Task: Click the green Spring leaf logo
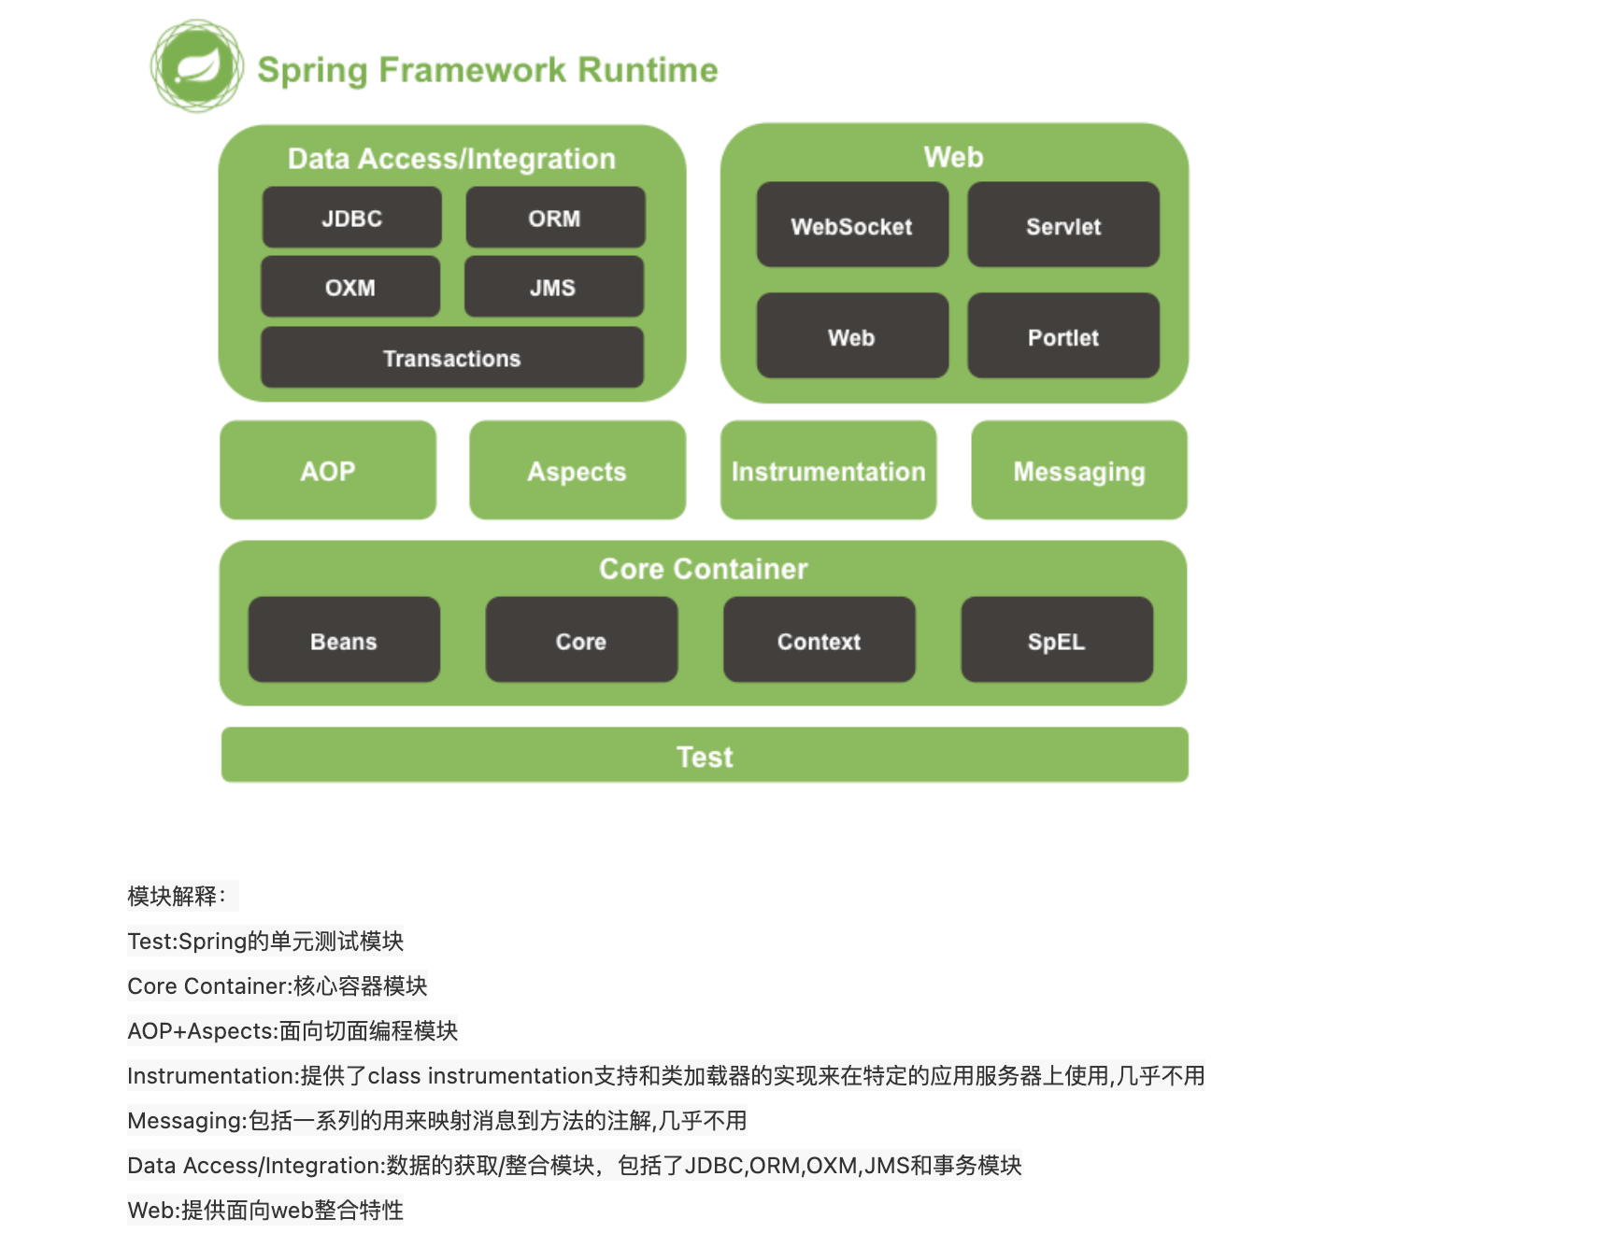pyautogui.click(x=197, y=66)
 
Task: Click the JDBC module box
pyautogui.click(x=351, y=218)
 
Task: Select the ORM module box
pyautogui.click(x=555, y=218)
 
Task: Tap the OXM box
pyautogui.click(x=350, y=288)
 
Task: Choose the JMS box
pyautogui.click(x=553, y=288)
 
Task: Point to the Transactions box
pyautogui.click(x=452, y=358)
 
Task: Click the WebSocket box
pyautogui.click(x=852, y=225)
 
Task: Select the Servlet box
pyautogui.click(x=1063, y=225)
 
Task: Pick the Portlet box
pyautogui.click(x=1063, y=336)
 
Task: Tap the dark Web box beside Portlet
pyautogui.click(x=852, y=336)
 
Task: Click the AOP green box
pyautogui.click(x=328, y=470)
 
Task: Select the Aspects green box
pyautogui.click(x=577, y=470)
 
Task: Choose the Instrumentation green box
pyautogui.click(x=829, y=470)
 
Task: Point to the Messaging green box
pyautogui.click(x=1079, y=470)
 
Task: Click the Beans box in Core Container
pyautogui.click(x=344, y=640)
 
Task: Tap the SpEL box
pyautogui.click(x=1057, y=640)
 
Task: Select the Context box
pyautogui.click(x=820, y=640)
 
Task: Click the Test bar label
pyautogui.click(x=705, y=756)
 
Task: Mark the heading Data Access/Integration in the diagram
pyautogui.click(x=452, y=159)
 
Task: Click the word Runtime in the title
pyautogui.click(x=647, y=70)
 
